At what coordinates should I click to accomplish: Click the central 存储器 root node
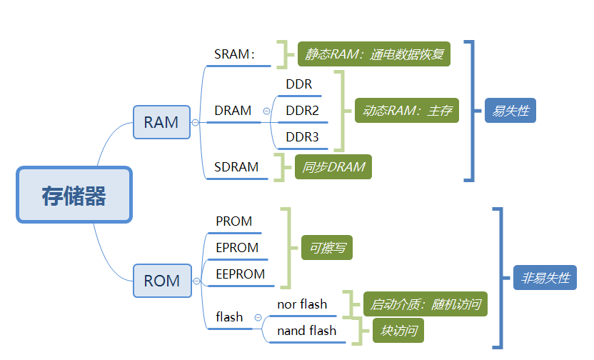point(74,195)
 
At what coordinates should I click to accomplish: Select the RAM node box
point(161,122)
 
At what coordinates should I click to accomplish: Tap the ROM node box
point(162,281)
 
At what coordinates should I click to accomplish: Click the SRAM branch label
point(233,54)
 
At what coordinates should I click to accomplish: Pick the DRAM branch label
point(233,111)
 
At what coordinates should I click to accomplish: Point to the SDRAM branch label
point(236,167)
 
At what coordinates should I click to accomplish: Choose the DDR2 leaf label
point(302,111)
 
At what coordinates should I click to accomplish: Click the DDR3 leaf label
point(302,136)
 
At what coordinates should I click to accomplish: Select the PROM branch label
point(234,221)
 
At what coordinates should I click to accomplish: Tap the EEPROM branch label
point(240,274)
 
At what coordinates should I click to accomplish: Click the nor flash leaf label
point(302,304)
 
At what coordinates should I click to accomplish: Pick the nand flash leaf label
point(306,331)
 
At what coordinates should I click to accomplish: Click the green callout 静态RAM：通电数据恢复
point(374,54)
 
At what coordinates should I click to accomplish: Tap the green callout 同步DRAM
point(333,167)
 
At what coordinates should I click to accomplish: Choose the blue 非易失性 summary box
point(545,277)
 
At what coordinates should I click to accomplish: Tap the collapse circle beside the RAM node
point(195,123)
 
